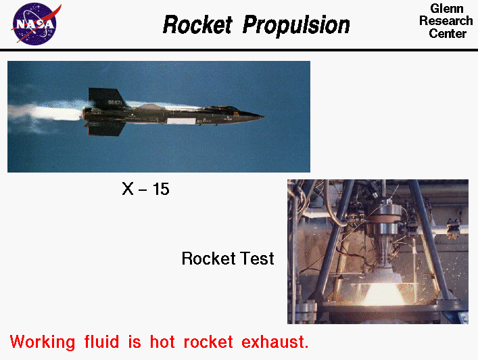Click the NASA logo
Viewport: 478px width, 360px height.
[x=34, y=24]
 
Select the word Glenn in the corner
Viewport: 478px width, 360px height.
[x=446, y=9]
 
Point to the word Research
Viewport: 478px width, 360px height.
[x=446, y=21]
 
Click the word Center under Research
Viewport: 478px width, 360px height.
[x=447, y=33]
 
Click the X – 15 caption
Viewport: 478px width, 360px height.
[x=145, y=189]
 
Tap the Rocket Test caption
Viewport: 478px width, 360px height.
[x=228, y=258]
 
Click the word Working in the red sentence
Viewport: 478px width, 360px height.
[x=44, y=340]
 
